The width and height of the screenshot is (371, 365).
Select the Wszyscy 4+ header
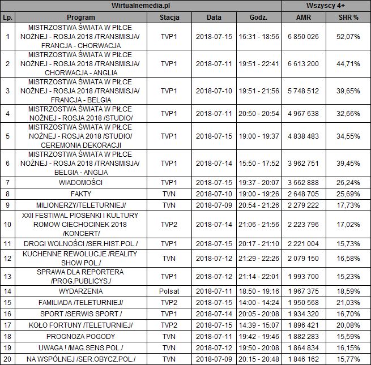click(326, 6)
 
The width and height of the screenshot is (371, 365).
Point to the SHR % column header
click(348, 17)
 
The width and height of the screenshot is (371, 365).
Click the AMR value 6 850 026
click(303, 37)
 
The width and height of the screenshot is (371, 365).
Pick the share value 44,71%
click(348, 64)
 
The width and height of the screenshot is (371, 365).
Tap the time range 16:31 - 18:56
click(259, 37)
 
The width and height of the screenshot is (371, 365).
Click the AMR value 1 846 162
click(303, 359)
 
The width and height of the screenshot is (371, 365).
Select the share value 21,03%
click(348, 302)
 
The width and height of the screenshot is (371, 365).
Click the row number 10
click(7, 225)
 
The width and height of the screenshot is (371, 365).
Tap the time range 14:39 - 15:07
click(259, 325)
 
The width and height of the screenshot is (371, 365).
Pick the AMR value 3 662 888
click(303, 183)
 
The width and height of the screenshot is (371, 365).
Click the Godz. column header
click(259, 17)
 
